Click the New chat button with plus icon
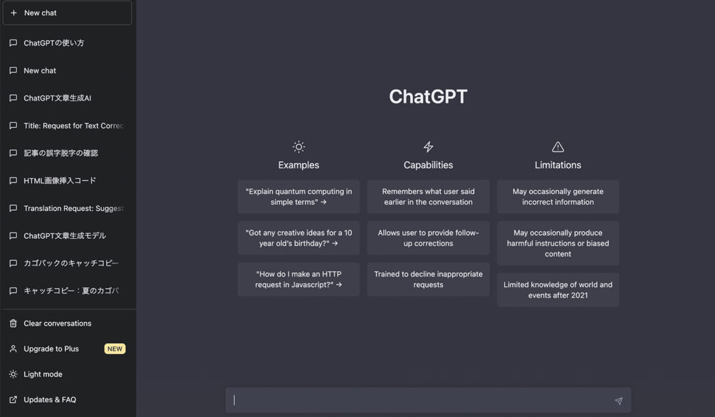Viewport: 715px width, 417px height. [x=67, y=13]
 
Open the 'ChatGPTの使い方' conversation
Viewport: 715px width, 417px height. [x=54, y=43]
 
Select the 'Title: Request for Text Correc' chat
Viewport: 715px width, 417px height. [x=73, y=126]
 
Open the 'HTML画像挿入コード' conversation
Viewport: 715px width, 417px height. [x=60, y=181]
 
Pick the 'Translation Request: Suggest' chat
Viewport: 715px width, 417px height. [x=73, y=208]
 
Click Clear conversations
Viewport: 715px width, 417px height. [x=57, y=323]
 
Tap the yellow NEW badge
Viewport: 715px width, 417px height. [x=115, y=349]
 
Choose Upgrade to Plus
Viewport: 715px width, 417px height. [x=51, y=349]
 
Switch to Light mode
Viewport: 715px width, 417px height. [x=43, y=374]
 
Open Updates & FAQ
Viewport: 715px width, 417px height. [x=50, y=400]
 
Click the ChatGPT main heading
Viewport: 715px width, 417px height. [x=428, y=96]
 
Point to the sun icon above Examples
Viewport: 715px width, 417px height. [x=299, y=147]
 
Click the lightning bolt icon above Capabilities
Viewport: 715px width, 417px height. [x=428, y=147]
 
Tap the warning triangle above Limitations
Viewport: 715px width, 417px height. [x=558, y=147]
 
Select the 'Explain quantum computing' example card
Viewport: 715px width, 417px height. [x=299, y=197]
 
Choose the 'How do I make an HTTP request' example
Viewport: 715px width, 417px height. [x=299, y=279]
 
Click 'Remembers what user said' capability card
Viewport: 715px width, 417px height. [x=428, y=197]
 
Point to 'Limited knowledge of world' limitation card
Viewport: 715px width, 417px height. [x=558, y=290]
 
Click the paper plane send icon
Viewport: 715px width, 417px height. [x=619, y=401]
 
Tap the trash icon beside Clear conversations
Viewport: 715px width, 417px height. [x=13, y=323]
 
